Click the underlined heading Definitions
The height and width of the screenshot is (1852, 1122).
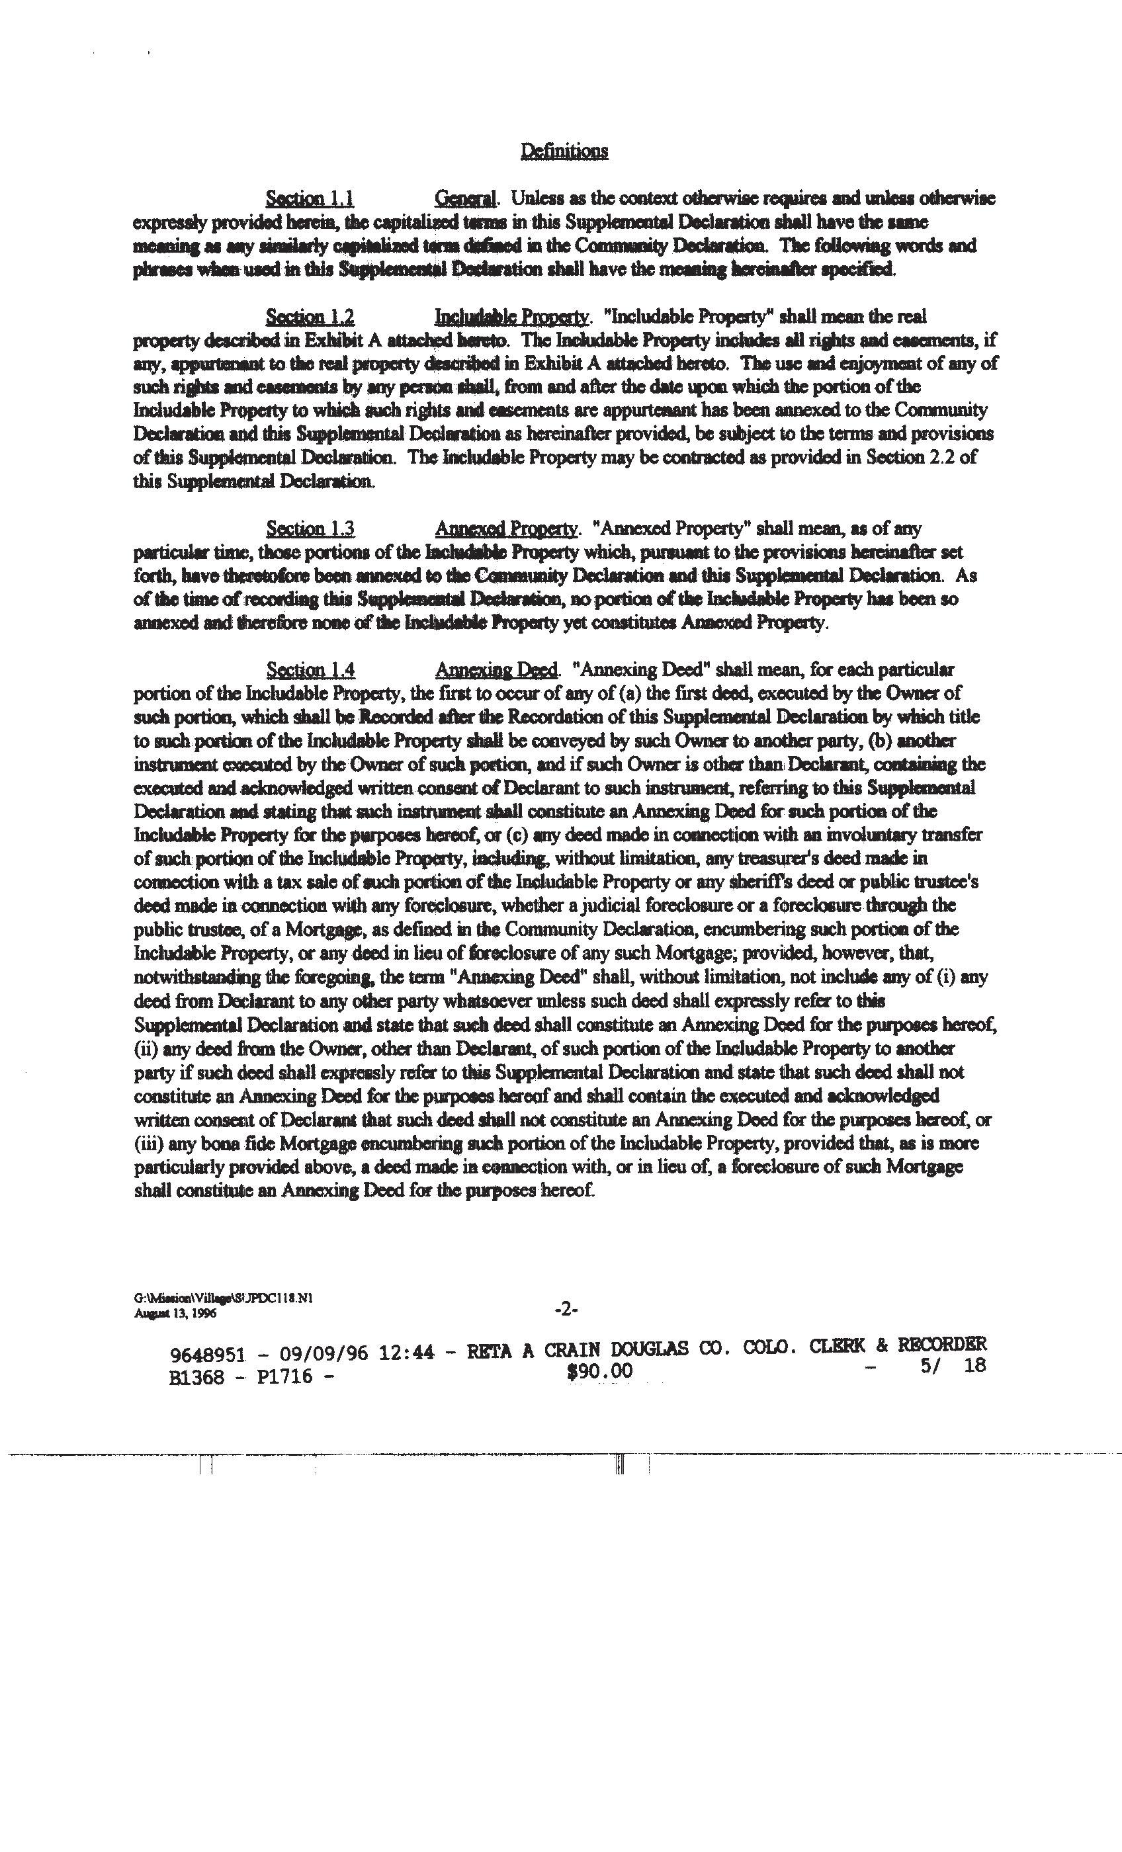(x=564, y=151)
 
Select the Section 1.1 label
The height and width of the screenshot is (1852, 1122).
(x=310, y=198)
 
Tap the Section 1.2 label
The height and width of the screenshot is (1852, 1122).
(x=310, y=316)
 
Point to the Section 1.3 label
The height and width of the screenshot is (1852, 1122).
(x=310, y=528)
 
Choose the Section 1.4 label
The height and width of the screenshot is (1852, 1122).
(x=310, y=669)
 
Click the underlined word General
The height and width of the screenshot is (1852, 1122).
(x=466, y=198)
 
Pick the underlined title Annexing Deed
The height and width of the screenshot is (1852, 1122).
(x=496, y=669)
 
